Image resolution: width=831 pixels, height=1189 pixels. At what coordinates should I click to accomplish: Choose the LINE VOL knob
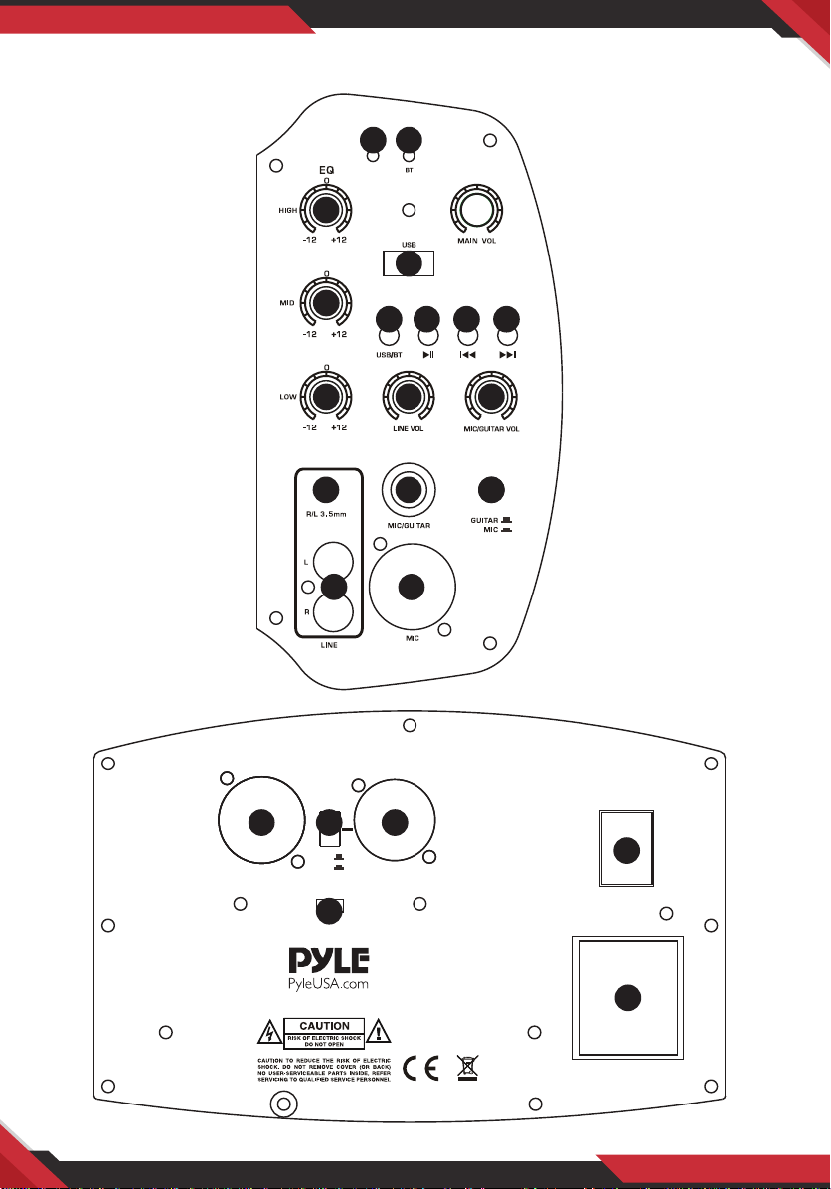point(406,396)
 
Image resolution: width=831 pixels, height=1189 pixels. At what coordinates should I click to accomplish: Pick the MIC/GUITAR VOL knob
point(489,396)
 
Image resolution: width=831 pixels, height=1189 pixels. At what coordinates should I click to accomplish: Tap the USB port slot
point(408,263)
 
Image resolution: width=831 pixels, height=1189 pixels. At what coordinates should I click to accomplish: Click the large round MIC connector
point(412,587)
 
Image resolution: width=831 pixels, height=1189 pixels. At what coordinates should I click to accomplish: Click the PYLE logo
point(329,961)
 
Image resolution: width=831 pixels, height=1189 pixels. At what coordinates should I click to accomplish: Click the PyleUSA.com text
point(328,985)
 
